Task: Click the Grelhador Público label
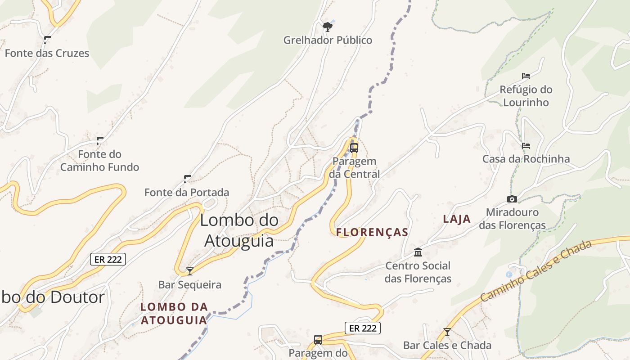[x=328, y=40]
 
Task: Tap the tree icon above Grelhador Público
[x=328, y=27]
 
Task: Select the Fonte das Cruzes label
[x=47, y=53]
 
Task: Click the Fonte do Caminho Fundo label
[x=99, y=161]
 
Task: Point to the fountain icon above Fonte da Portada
[x=187, y=179]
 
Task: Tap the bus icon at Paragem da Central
[x=354, y=148]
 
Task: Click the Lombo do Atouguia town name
[x=239, y=230]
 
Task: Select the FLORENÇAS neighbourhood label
[x=372, y=232]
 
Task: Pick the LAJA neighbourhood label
[x=457, y=219]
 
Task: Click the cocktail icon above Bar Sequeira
[x=190, y=271]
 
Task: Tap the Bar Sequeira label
[x=190, y=285]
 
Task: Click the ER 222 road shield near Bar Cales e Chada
[x=363, y=328]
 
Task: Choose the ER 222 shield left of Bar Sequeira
[x=108, y=259]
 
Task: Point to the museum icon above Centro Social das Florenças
[x=418, y=252]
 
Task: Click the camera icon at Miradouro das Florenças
[x=512, y=199]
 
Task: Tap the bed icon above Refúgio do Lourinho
[x=526, y=76]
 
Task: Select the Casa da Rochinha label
[x=526, y=159]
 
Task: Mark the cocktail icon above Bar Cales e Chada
[x=447, y=332]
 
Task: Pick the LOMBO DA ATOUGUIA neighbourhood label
[x=174, y=314]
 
